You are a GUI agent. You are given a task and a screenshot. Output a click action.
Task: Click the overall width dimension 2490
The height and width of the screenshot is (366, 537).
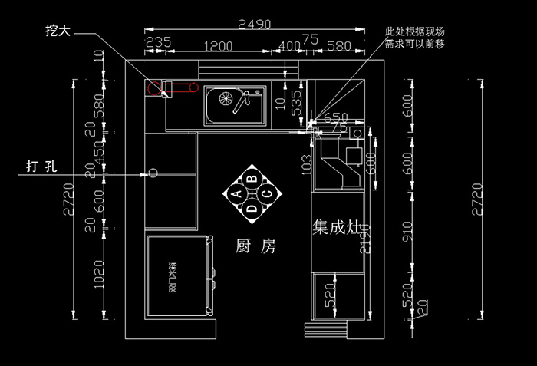coord(254,24)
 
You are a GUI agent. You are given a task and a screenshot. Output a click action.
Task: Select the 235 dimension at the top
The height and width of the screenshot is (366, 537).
coord(157,43)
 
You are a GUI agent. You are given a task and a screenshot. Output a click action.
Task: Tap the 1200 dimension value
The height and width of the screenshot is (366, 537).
coord(218,45)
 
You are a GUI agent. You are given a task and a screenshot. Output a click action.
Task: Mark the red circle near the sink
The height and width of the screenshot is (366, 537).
coord(151,88)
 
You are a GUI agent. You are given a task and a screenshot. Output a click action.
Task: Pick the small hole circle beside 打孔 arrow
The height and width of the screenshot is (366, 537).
coord(152,173)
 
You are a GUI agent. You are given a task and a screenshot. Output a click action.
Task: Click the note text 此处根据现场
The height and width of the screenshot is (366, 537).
coord(414,32)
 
